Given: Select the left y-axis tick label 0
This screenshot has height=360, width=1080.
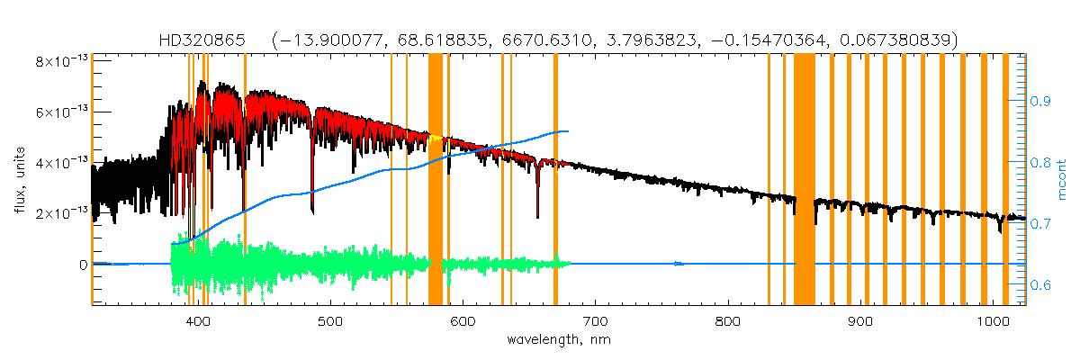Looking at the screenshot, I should (82, 265).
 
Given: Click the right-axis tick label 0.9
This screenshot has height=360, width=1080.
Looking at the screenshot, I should (1039, 102).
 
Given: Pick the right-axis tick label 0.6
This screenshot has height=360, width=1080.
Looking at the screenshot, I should (1039, 285).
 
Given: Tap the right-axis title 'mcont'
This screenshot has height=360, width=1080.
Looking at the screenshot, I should (1064, 180).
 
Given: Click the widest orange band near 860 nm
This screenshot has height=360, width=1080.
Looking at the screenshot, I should (804, 180).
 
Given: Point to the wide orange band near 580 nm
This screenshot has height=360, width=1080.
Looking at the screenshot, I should (435, 180).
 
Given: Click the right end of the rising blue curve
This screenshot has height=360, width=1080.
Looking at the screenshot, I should (568, 131).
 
